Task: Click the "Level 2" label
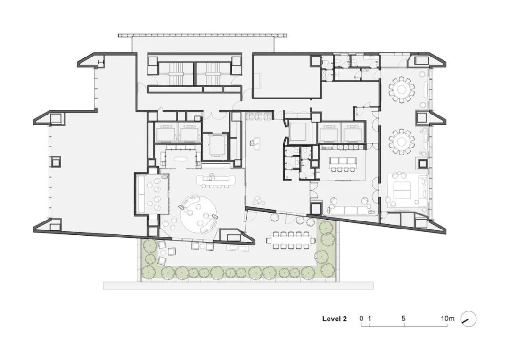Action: tap(334, 319)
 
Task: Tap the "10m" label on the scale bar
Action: tap(447, 319)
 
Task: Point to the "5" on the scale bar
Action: tap(403, 319)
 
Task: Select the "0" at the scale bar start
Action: tap(361, 319)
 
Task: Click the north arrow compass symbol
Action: tap(468, 319)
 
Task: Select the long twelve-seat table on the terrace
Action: tap(291, 240)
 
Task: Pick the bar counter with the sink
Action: tap(216, 180)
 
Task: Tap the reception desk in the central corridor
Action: tap(255, 143)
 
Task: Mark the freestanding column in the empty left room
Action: tap(56, 162)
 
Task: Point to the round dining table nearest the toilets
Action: tap(402, 89)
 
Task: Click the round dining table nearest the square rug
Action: tap(402, 141)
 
